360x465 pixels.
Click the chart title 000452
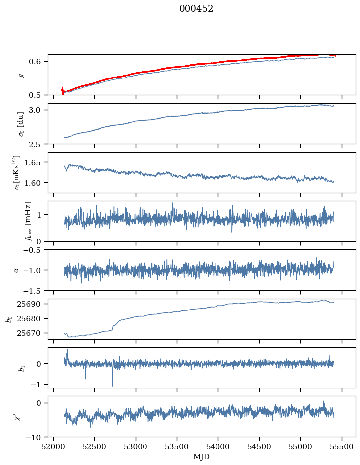(x=196, y=9)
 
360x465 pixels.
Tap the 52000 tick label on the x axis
(x=54, y=446)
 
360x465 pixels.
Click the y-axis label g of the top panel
(x=21, y=75)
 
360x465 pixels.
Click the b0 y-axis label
(x=8, y=318)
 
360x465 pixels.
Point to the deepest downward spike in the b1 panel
(x=112, y=385)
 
